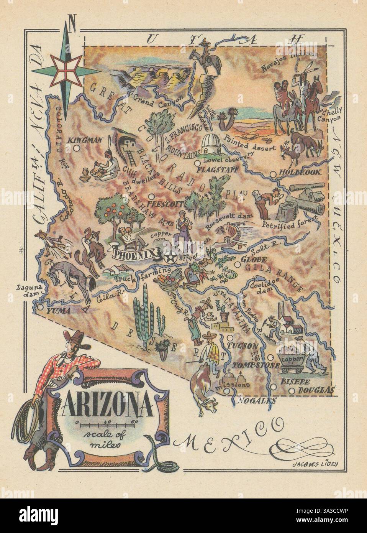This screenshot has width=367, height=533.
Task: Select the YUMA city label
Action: coord(58,311)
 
